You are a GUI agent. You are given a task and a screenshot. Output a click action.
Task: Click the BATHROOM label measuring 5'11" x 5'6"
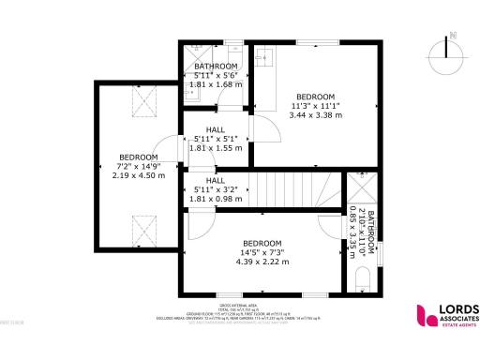(x=216, y=66)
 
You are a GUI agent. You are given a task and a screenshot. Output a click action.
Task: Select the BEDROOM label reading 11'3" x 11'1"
(x=315, y=97)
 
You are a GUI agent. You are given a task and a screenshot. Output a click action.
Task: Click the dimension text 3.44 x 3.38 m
(x=315, y=115)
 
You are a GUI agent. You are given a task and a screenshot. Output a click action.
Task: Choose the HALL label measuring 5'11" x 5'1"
(x=216, y=130)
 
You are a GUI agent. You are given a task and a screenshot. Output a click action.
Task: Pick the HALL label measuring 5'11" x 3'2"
(x=216, y=180)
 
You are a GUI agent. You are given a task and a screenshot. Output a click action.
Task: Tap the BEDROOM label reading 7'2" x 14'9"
(x=138, y=157)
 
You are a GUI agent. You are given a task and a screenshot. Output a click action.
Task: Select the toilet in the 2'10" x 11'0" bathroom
(x=363, y=279)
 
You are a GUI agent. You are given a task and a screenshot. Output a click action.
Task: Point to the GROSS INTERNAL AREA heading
(x=240, y=307)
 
